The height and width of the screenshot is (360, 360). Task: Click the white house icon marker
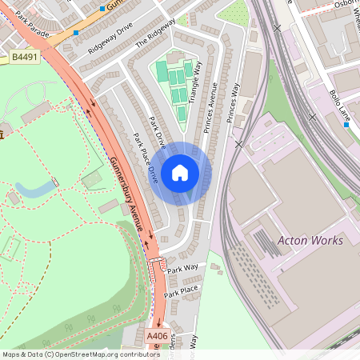[180, 173]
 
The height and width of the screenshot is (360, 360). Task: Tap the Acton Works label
[310, 240]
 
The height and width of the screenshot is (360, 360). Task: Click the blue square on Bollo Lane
[346, 135]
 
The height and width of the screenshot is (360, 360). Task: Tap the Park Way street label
[182, 268]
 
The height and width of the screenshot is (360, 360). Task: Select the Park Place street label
[181, 291]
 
